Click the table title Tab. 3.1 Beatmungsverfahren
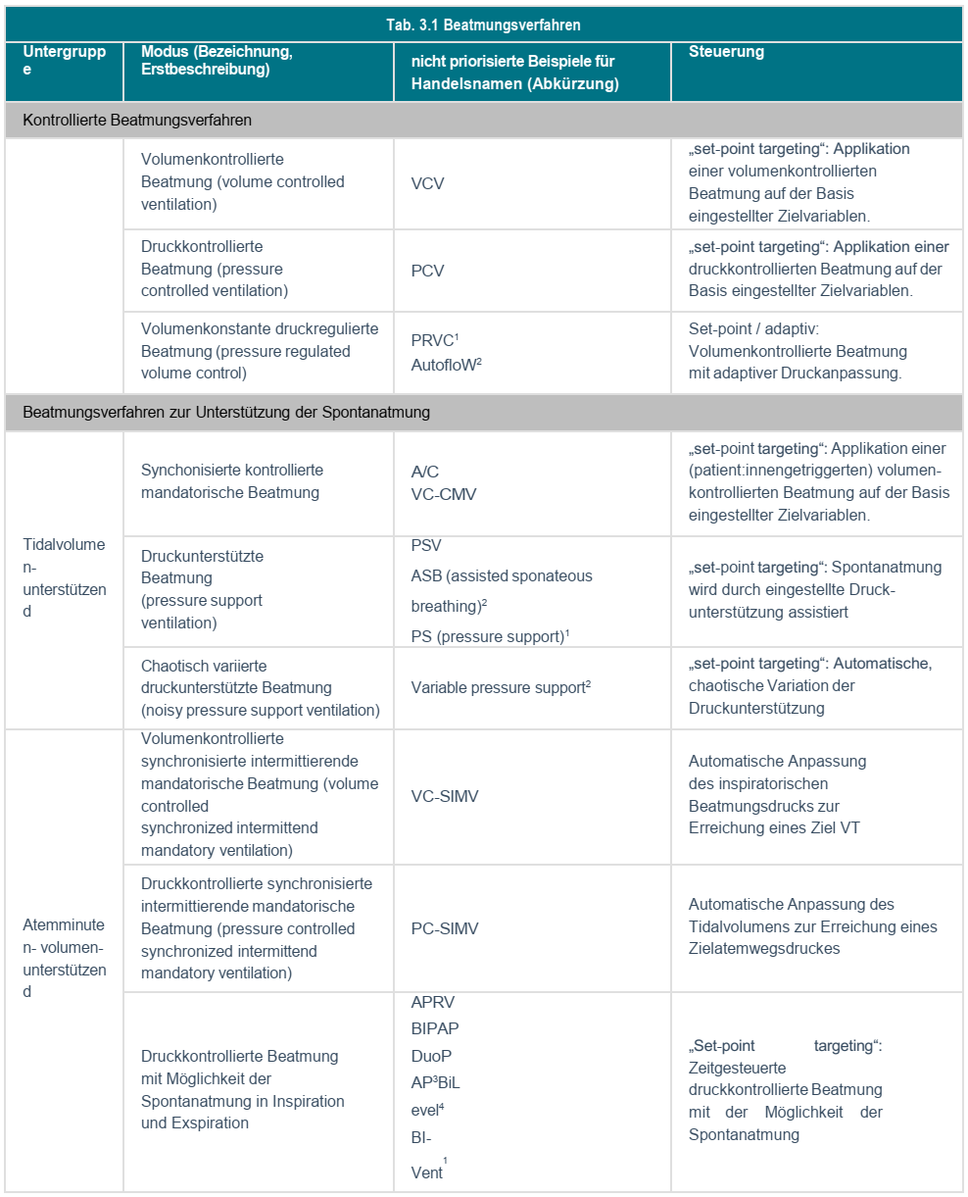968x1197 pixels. pyautogui.click(x=484, y=25)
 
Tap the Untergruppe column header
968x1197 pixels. pyautogui.click(x=64, y=61)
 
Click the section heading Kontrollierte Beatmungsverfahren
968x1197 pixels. pyautogui.click(x=137, y=121)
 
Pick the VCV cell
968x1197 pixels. pyautogui.click(x=427, y=183)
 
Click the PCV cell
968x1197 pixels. pyautogui.click(x=427, y=271)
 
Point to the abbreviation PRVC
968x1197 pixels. pyautogui.click(x=433, y=341)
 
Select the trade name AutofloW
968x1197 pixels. pyautogui.click(x=445, y=365)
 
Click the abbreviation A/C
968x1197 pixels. pyautogui.click(x=425, y=472)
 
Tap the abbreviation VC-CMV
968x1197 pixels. pyautogui.click(x=444, y=494)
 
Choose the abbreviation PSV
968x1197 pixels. pyautogui.click(x=426, y=545)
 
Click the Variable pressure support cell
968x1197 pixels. pyautogui.click(x=499, y=688)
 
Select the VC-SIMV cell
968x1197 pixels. pyautogui.click(x=445, y=796)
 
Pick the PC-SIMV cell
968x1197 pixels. pyautogui.click(x=445, y=928)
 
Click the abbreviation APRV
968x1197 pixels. pyautogui.click(x=433, y=1003)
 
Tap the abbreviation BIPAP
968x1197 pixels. pyautogui.click(x=435, y=1028)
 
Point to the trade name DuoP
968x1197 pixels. pyautogui.click(x=431, y=1056)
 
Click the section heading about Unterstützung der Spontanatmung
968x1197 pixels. pyautogui.click(x=226, y=413)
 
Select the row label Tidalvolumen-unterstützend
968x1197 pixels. pyautogui.click(x=64, y=578)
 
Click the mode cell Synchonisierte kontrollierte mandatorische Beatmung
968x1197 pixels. pyautogui.click(x=232, y=481)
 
